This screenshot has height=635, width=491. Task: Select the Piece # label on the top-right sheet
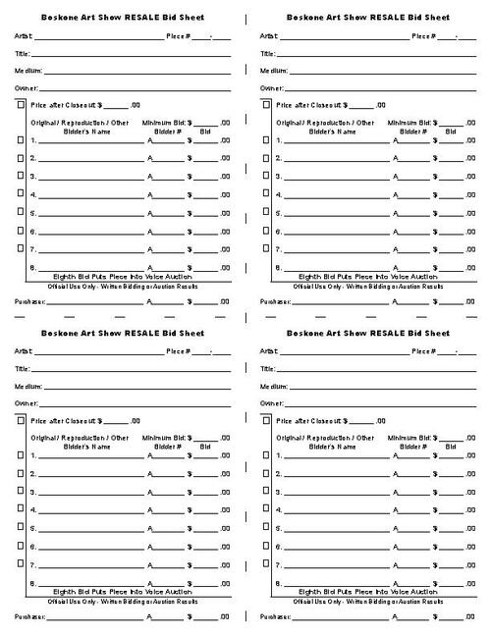[x=421, y=35]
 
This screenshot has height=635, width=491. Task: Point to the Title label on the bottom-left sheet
[x=22, y=369]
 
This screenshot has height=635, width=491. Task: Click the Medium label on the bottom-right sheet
[x=274, y=386]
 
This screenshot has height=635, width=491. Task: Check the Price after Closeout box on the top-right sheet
[x=267, y=104]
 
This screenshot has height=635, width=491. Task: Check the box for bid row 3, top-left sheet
[x=22, y=177]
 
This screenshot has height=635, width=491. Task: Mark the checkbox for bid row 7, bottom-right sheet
[x=267, y=564]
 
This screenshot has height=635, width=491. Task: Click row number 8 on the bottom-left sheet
[x=33, y=583]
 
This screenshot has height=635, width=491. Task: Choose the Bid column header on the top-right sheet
[x=451, y=130]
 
